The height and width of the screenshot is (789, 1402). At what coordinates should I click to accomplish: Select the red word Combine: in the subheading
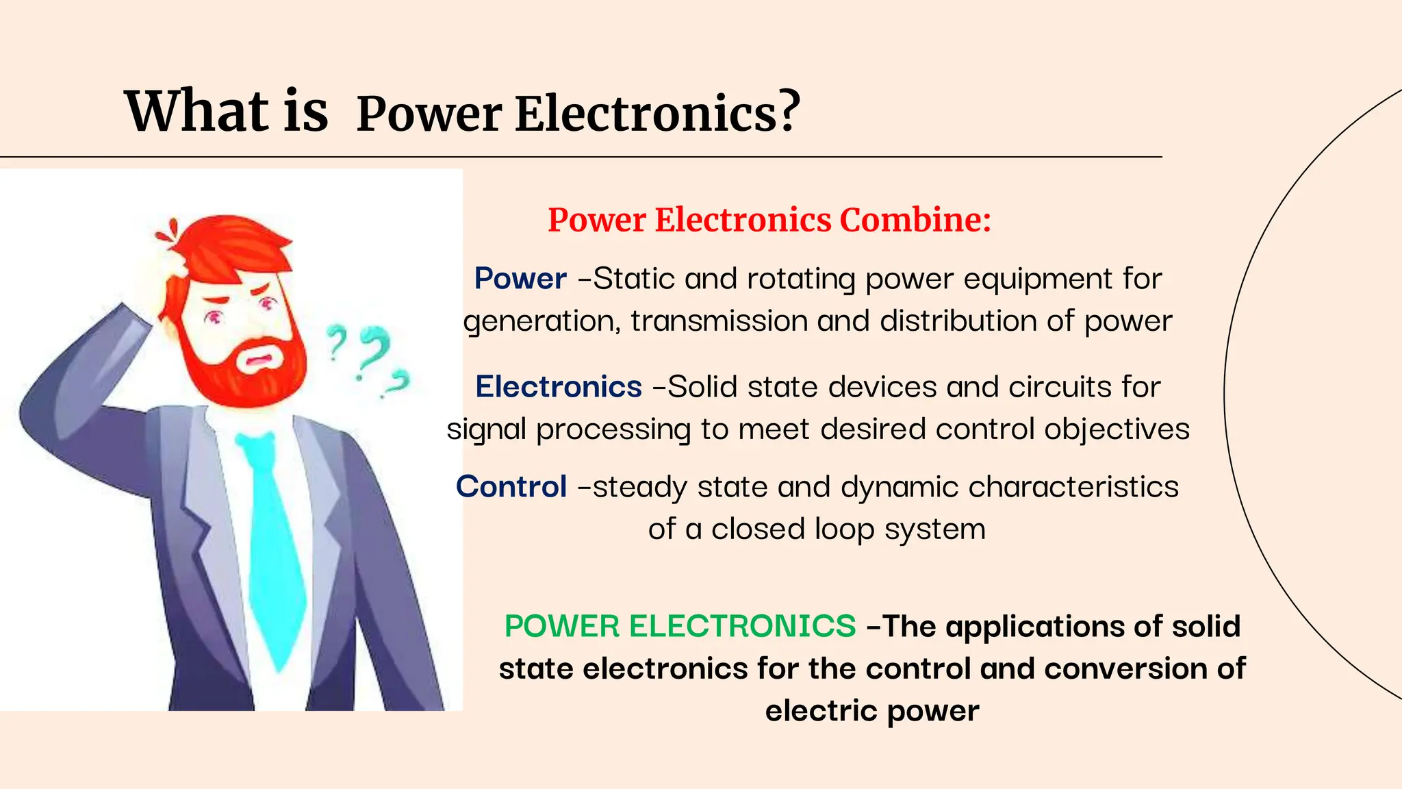tap(915, 221)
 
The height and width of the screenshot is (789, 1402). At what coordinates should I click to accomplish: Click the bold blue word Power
tap(520, 279)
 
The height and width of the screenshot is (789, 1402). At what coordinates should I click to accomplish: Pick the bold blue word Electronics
tap(559, 387)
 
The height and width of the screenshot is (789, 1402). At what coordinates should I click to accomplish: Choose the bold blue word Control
tap(511, 487)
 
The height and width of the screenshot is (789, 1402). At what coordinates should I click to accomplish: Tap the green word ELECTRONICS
tap(742, 626)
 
